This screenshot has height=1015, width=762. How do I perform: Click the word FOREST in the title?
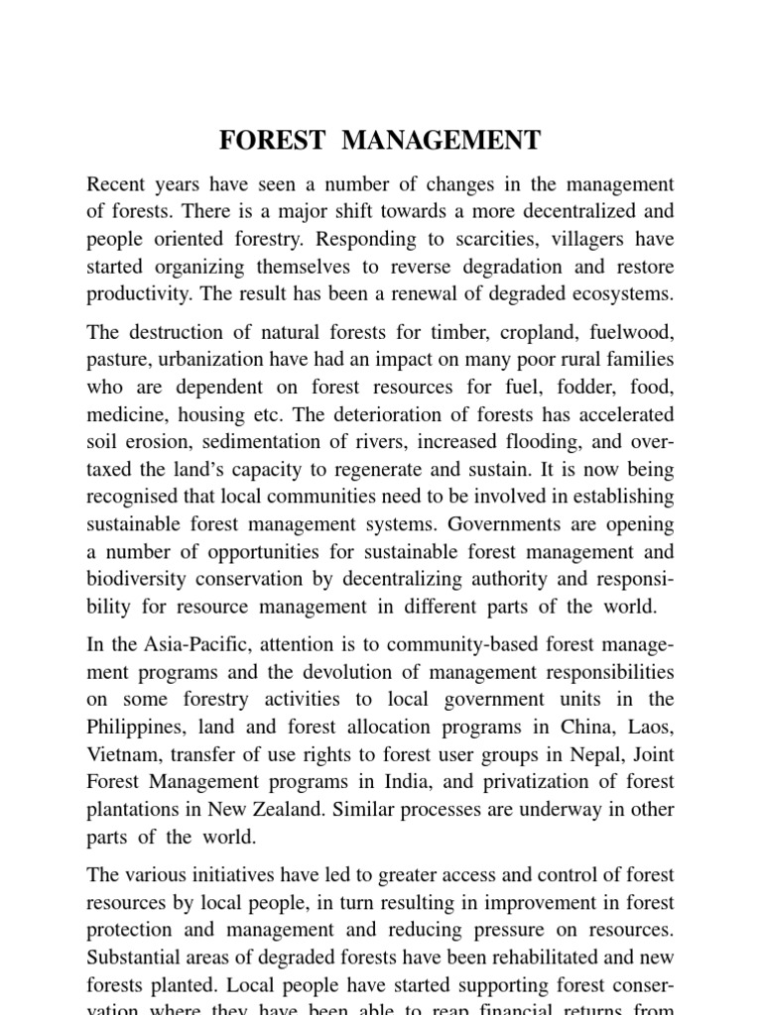[x=272, y=141]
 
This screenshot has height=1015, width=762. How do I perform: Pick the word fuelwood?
[x=629, y=332]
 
